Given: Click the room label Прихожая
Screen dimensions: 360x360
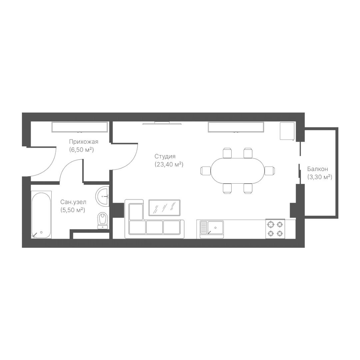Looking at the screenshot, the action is click(x=84, y=142).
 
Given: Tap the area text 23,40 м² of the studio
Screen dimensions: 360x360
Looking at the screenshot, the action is click(x=169, y=165).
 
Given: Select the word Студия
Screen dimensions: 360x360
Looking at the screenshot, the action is click(x=165, y=156).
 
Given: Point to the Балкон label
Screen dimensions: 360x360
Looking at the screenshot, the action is click(x=318, y=169).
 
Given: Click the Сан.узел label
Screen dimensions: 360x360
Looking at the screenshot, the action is click(x=73, y=202).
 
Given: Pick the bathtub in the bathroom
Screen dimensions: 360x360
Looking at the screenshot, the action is click(x=41, y=215).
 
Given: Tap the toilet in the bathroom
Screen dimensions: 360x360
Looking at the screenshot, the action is click(x=102, y=221).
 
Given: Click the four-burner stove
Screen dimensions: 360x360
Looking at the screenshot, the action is click(x=275, y=229).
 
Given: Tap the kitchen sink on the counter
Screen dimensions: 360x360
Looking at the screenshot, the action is click(x=212, y=228).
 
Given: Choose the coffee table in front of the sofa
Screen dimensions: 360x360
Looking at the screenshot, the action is click(x=164, y=208).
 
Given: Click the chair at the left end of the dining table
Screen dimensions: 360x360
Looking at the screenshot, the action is click(x=206, y=171).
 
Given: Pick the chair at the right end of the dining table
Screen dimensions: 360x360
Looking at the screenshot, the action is click(x=270, y=171).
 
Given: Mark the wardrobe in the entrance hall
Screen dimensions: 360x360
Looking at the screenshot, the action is click(x=80, y=127).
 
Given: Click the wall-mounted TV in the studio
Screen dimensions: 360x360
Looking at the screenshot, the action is click(x=162, y=123).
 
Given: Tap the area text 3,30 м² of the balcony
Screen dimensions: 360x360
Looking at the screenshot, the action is click(x=320, y=177).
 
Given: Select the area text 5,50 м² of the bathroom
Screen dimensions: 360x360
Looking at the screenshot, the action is click(x=73, y=210).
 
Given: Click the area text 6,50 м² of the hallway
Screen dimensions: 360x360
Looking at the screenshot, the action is click(x=82, y=150).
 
